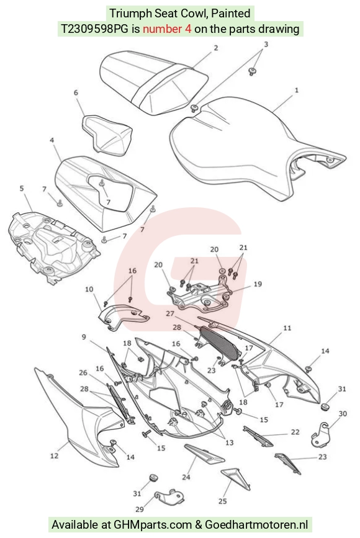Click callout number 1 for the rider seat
tap(296, 90)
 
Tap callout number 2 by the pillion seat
tap(215, 48)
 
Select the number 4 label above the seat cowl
tap(52, 140)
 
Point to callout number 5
tap(22, 188)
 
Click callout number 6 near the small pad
tap(76, 92)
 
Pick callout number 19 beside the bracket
tap(258, 284)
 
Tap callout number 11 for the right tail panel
tap(287, 328)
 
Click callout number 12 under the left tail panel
tap(54, 455)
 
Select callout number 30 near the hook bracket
tap(343, 413)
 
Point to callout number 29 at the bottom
tap(139, 509)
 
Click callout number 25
tap(222, 501)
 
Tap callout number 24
tap(186, 477)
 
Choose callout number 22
tap(295, 432)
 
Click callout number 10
tap(89, 289)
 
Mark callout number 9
tap(84, 337)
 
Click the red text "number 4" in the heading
tap(167, 29)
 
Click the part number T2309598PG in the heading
tap(95, 29)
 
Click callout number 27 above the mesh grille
tap(170, 313)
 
